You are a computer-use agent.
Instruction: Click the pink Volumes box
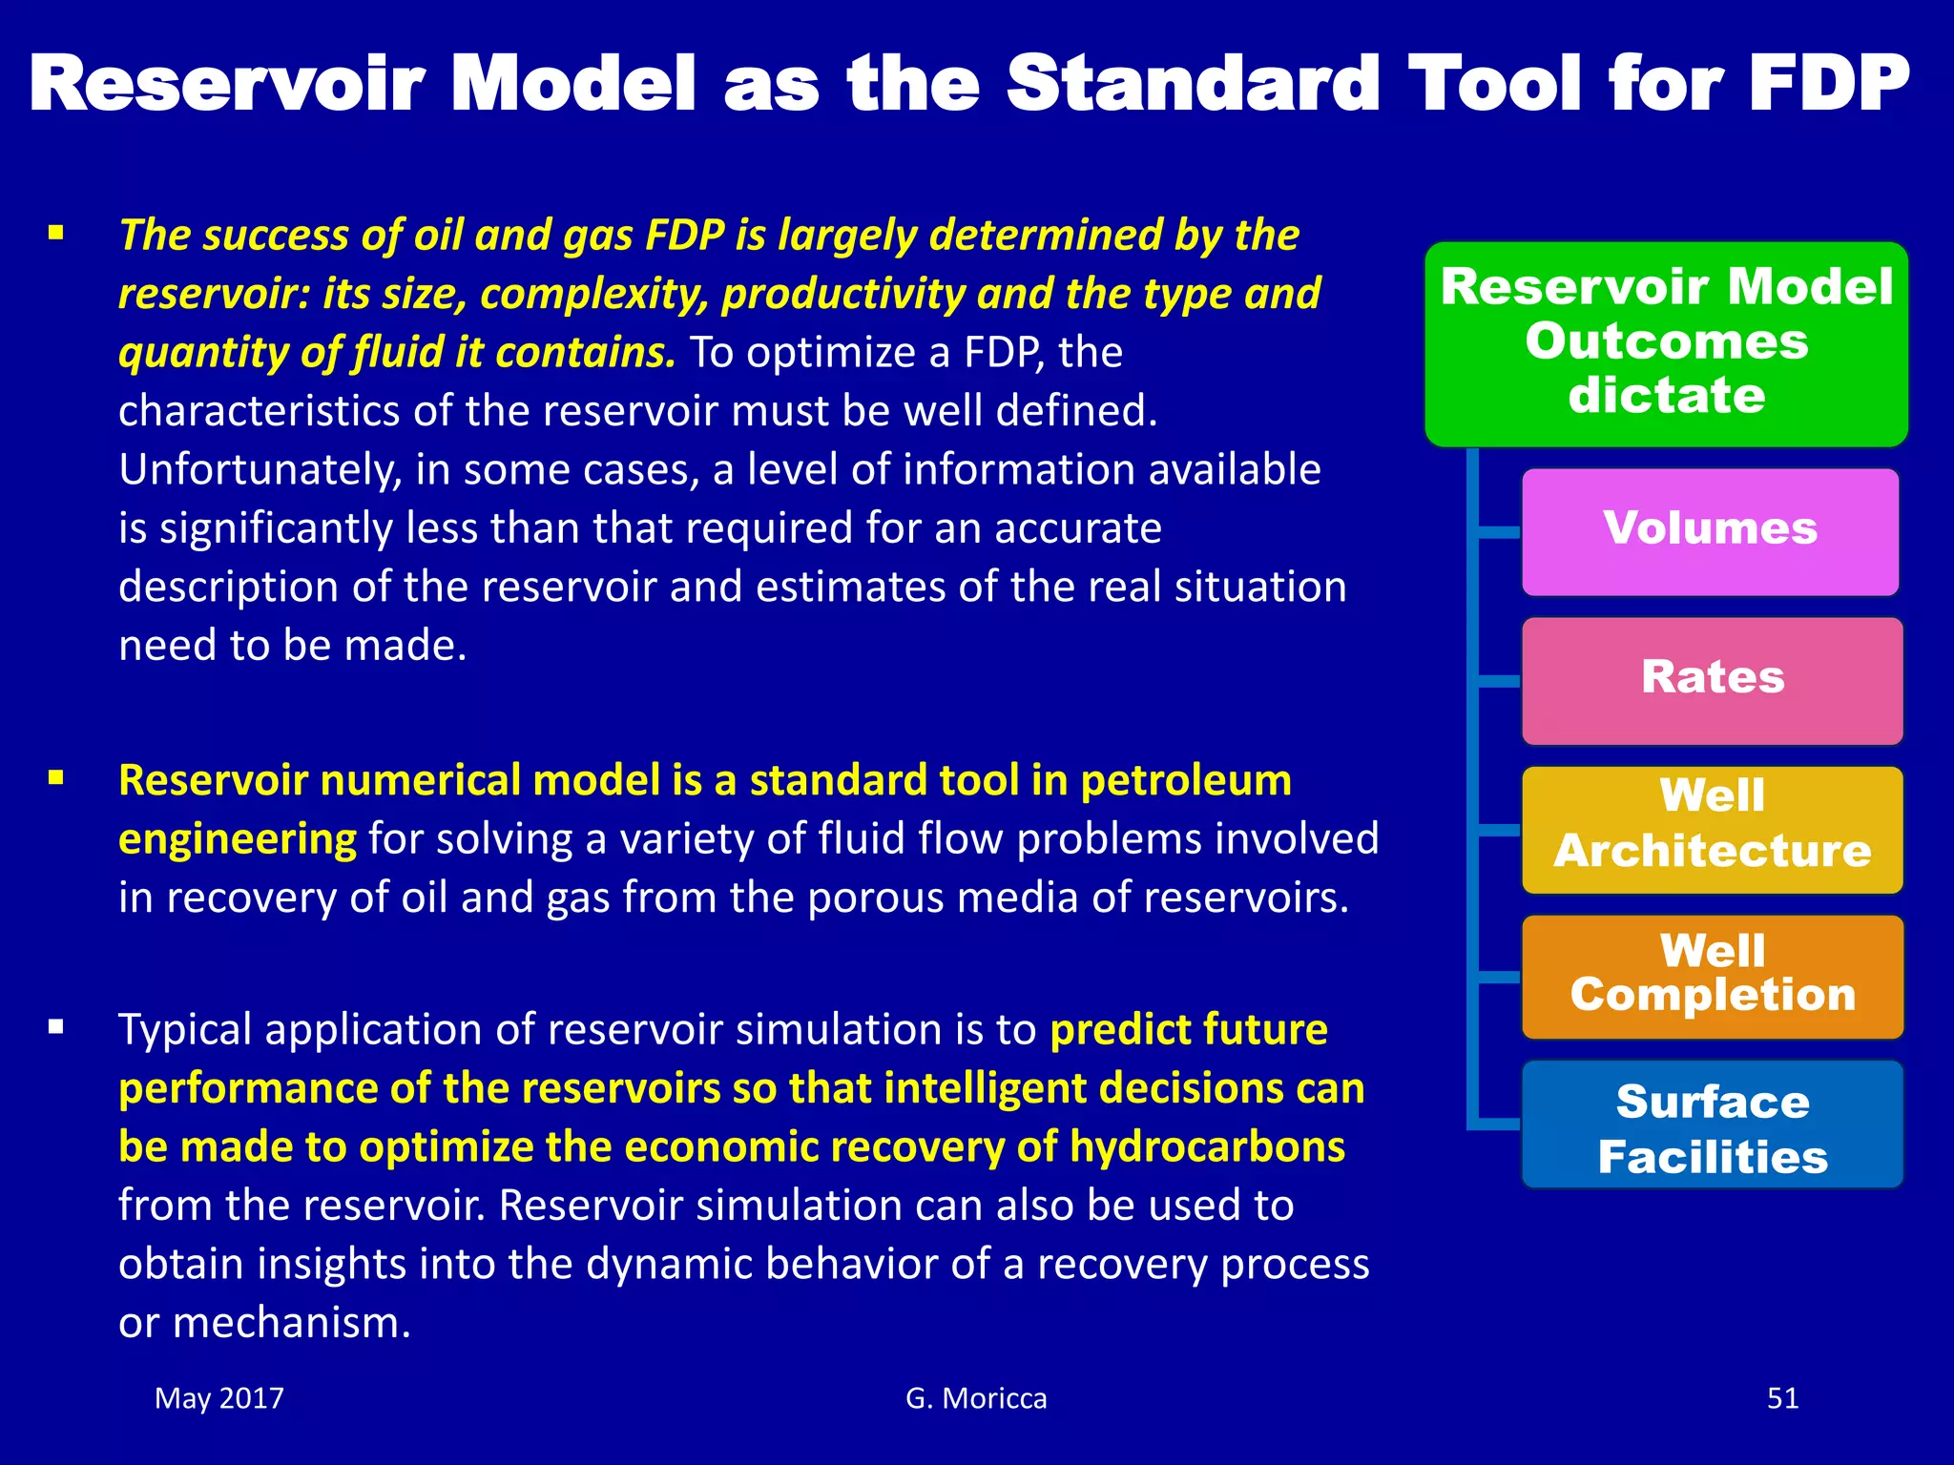(1710, 531)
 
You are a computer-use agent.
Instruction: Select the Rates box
(1712, 680)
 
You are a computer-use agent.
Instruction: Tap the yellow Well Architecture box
(1712, 829)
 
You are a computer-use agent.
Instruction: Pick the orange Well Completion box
(1712, 976)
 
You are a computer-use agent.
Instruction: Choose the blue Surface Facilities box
(1712, 1125)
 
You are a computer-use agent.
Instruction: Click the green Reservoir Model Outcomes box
(1666, 343)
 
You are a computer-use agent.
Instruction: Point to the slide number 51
(1782, 1398)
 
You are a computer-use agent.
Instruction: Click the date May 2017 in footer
(219, 1398)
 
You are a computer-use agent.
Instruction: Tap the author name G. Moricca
(976, 1398)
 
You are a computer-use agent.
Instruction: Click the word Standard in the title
(1193, 84)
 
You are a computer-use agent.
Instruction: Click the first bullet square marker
(56, 232)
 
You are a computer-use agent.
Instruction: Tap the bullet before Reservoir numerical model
(56, 778)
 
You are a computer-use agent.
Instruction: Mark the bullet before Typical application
(56, 1027)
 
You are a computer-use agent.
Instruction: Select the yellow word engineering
(237, 839)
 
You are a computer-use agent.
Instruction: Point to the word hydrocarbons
(1207, 1147)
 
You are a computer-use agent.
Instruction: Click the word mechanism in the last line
(291, 1323)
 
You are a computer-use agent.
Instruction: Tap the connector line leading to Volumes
(1498, 531)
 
